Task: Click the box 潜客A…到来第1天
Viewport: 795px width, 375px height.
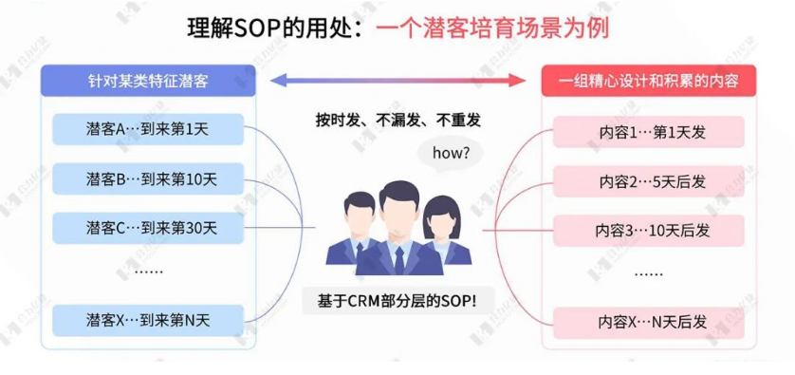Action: [x=147, y=129]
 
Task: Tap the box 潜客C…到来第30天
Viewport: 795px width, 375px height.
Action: [x=147, y=228]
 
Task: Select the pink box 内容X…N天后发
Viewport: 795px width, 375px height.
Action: [x=648, y=322]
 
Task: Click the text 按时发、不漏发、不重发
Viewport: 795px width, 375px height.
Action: [x=397, y=121]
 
